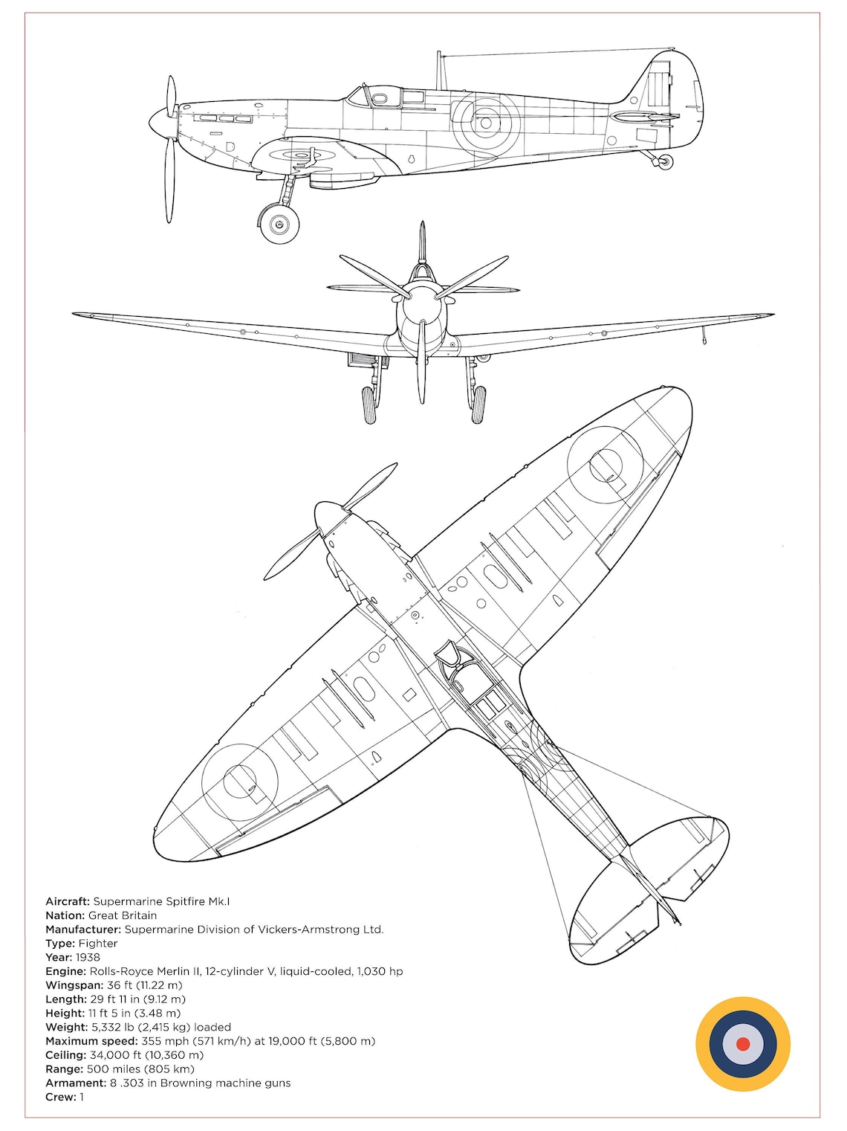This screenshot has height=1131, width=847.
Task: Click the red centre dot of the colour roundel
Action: click(742, 1044)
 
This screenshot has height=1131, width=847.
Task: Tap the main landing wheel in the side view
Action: click(279, 223)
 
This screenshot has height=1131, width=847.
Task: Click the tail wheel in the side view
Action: click(666, 161)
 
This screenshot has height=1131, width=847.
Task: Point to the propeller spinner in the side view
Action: click(158, 121)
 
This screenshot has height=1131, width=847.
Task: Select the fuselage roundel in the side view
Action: click(486, 122)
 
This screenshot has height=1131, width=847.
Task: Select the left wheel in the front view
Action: click(369, 405)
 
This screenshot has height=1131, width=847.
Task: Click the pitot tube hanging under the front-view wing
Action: click(704, 336)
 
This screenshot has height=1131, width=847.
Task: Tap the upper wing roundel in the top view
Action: click(605, 465)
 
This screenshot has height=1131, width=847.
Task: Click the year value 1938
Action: click(88, 957)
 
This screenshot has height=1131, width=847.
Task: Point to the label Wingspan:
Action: click(74, 985)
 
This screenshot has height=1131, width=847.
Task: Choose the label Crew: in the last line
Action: click(61, 1097)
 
